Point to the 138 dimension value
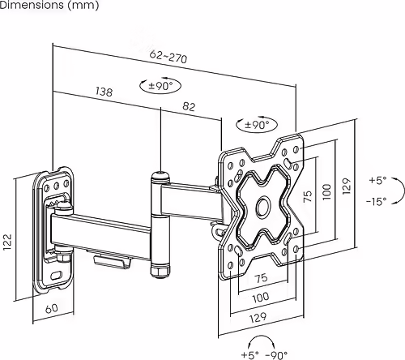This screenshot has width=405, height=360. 104,92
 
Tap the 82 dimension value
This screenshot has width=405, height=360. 190,106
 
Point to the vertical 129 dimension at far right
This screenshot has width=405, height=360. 346,186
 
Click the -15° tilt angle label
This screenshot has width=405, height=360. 377,199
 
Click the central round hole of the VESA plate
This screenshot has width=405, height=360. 262,206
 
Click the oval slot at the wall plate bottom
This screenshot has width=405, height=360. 56,275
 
